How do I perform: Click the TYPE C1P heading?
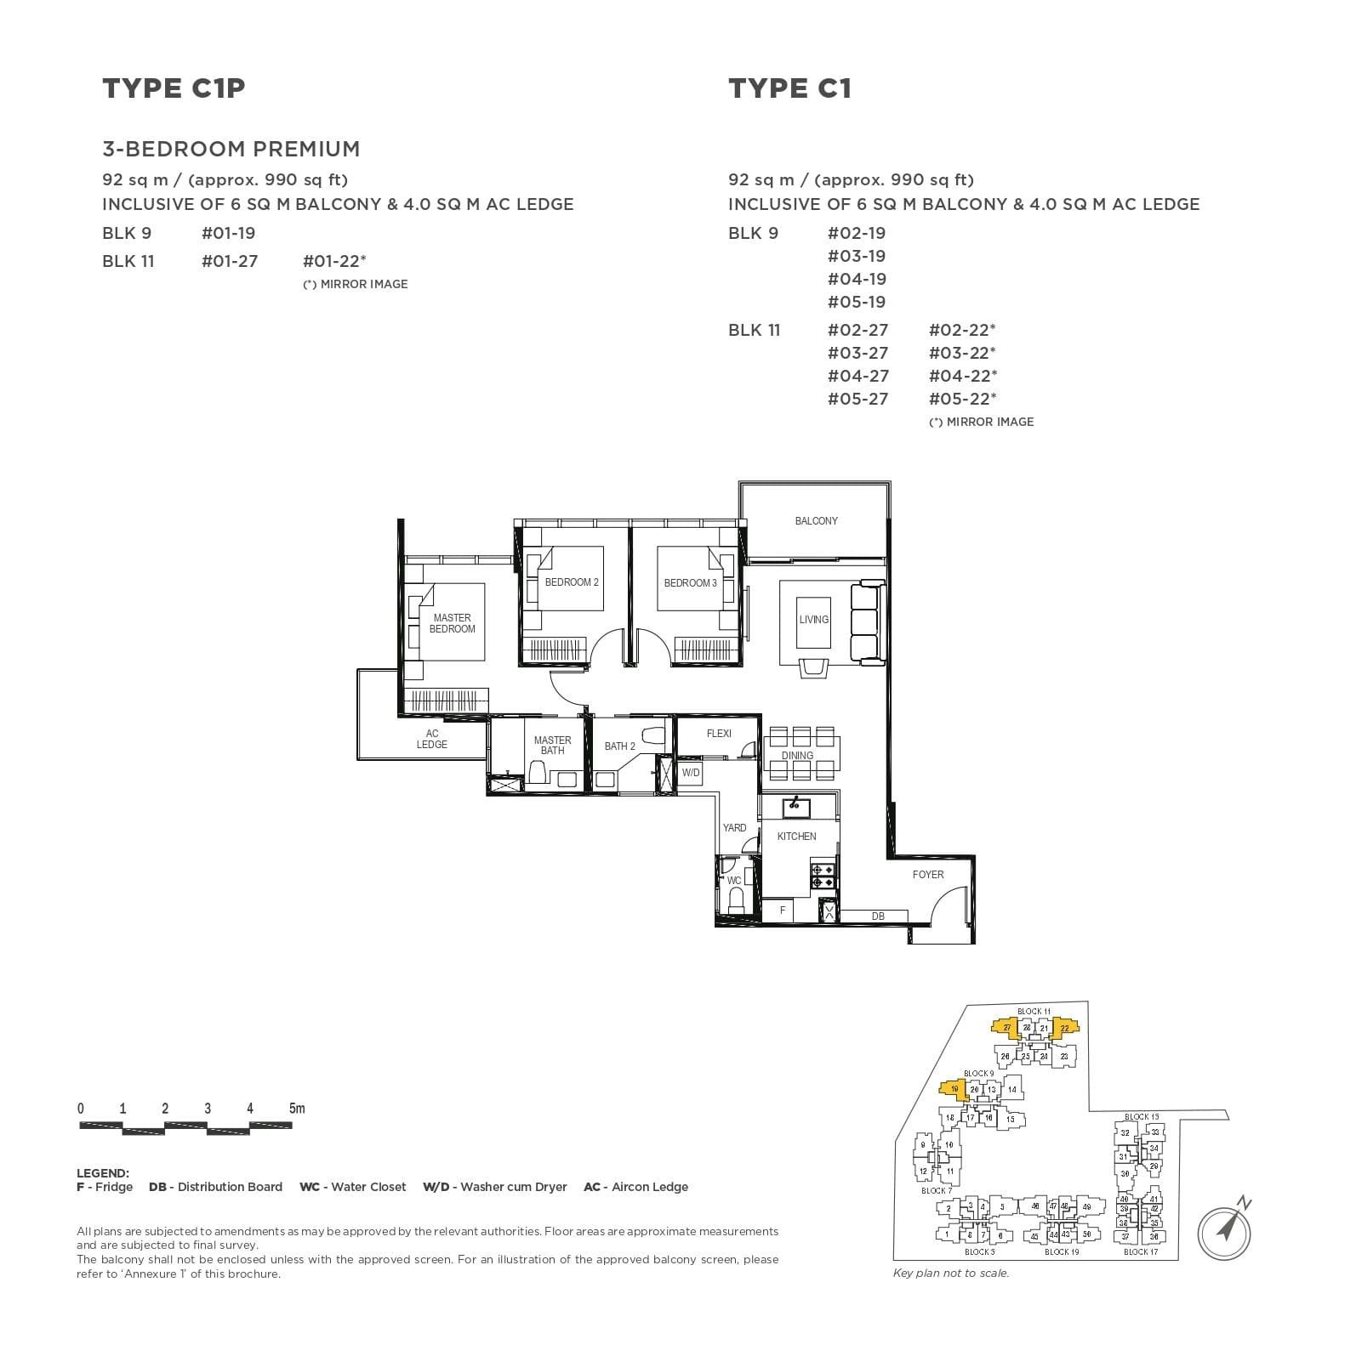point(174,88)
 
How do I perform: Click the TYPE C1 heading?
point(789,88)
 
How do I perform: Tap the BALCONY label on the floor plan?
point(816,521)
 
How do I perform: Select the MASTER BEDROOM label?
point(452,623)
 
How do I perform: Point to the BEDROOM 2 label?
point(572,582)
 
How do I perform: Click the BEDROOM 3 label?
point(690,583)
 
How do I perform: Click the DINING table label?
point(797,755)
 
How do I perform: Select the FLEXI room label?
point(719,733)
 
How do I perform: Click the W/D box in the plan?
point(691,773)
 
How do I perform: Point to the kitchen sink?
point(797,806)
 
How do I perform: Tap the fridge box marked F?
point(783,911)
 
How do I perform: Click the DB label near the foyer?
point(878,916)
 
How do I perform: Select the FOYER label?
point(928,874)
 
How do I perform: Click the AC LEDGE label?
point(432,739)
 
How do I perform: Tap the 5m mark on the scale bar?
point(296,1109)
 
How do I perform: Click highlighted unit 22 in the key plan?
point(1064,1029)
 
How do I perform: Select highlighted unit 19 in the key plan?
point(954,1090)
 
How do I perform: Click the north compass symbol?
point(1225,1229)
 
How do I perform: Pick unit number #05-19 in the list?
point(857,302)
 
